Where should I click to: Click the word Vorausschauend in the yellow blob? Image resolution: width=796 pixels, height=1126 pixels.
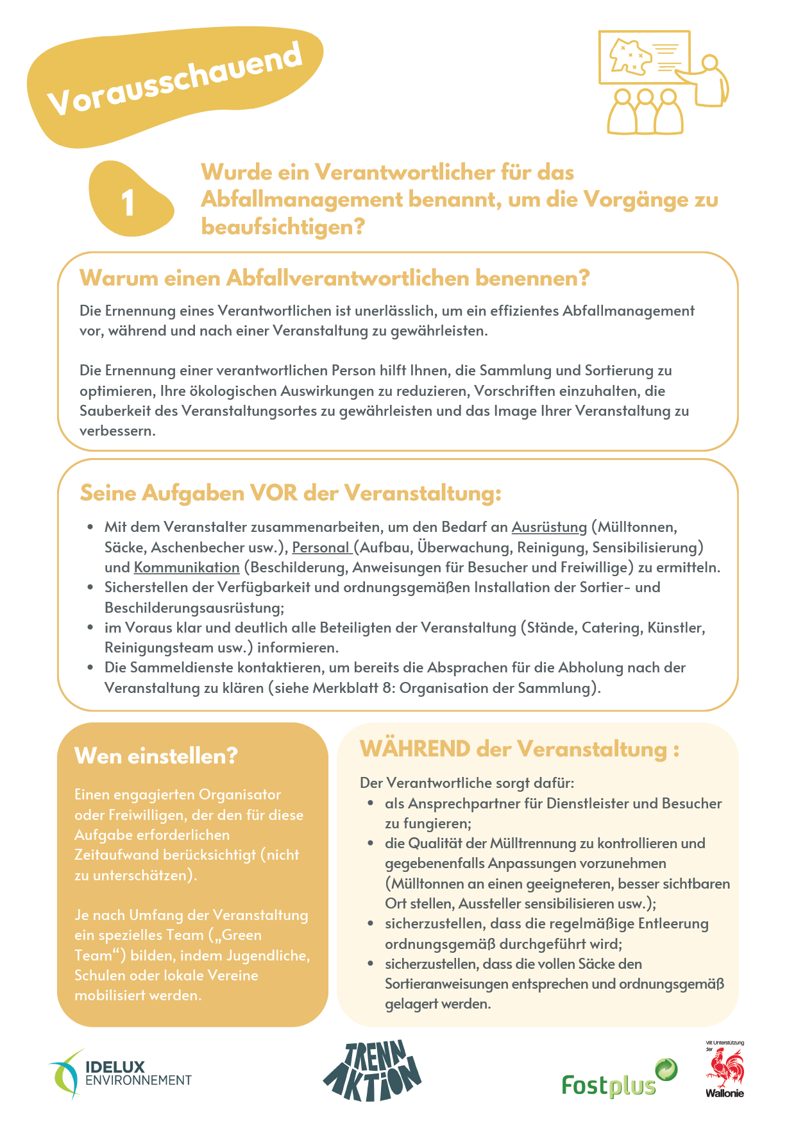pyautogui.click(x=174, y=80)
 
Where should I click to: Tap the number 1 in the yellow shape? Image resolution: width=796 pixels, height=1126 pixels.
pyautogui.click(x=128, y=203)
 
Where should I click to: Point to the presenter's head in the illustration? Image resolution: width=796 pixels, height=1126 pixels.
pyautogui.click(x=709, y=63)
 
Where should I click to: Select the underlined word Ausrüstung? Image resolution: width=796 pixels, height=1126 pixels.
pyautogui.click(x=549, y=527)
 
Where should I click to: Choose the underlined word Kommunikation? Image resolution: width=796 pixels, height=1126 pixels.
pyautogui.click(x=187, y=568)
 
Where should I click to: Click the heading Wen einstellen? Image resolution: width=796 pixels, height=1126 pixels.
pyautogui.click(x=156, y=756)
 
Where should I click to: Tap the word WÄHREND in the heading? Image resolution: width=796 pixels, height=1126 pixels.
pyautogui.click(x=415, y=749)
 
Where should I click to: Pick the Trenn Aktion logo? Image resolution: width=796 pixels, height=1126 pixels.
pyautogui.click(x=372, y=1070)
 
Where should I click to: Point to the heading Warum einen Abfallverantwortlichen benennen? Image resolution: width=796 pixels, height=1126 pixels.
pyautogui.click(x=334, y=278)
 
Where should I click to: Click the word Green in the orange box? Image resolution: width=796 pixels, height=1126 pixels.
pyautogui.click(x=242, y=935)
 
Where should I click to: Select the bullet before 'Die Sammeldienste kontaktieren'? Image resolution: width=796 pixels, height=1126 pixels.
pyautogui.click(x=90, y=667)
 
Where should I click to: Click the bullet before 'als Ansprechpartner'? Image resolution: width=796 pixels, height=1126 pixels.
pyautogui.click(x=371, y=803)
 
